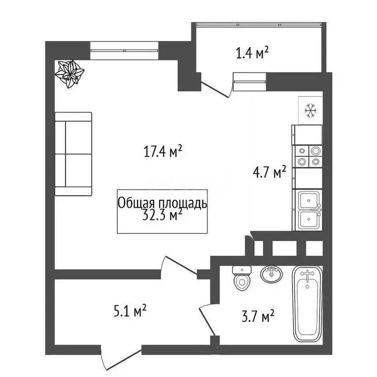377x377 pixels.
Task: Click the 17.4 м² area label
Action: pos(163,151)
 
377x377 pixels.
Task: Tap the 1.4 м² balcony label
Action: pos(252,53)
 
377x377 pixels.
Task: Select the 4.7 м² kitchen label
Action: pos(269,172)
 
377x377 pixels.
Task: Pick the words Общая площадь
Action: pos(162,203)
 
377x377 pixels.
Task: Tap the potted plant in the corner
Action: pos(69,74)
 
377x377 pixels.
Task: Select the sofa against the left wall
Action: pos(73,154)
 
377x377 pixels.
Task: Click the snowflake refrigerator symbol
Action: pos(310,110)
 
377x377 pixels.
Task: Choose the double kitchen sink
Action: pos(308,210)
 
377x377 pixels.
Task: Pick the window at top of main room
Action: pos(125,50)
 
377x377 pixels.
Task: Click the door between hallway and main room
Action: pos(182,266)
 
